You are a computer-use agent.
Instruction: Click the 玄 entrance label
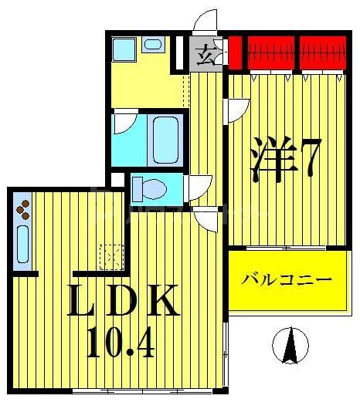[205, 55]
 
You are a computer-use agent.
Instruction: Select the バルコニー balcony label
[285, 280]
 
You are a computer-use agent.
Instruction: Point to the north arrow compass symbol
[290, 345]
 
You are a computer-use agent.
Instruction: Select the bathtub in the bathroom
[165, 139]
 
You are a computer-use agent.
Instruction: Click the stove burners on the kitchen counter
[23, 208]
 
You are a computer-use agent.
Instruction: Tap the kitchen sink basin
[22, 243]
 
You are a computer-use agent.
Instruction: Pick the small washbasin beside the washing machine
[151, 45]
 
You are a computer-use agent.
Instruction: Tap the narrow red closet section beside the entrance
[234, 52]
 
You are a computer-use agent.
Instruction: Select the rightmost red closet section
[323, 52]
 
